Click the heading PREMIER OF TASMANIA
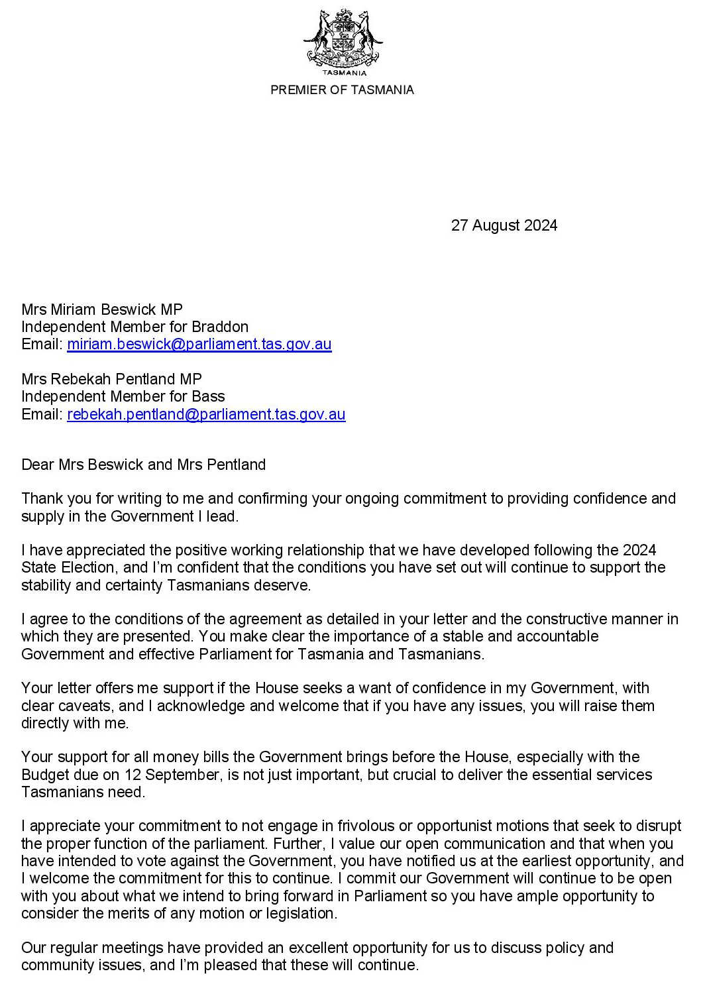342,90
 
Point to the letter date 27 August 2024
504,225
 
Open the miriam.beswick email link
199,344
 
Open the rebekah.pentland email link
206,414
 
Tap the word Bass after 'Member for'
208,396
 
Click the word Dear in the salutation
38,465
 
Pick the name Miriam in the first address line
74,309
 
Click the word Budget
44,775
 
